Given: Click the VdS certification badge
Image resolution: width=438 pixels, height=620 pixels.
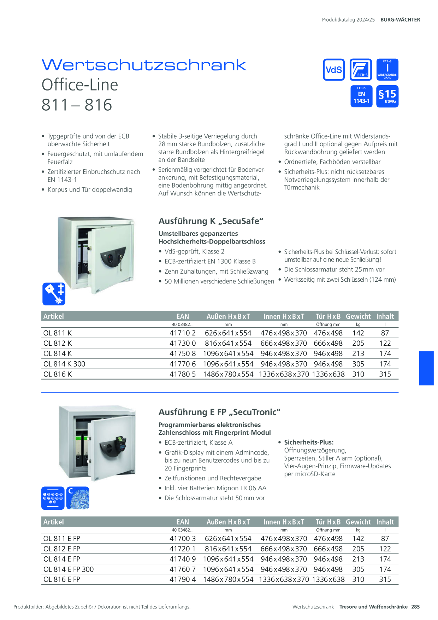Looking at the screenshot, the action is point(334,70).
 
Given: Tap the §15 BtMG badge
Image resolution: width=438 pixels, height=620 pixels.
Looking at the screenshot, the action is point(387,96).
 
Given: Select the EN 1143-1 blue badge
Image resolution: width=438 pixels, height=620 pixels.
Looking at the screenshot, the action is point(361,96).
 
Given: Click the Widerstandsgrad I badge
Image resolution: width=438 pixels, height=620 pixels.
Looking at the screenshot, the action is point(387,70).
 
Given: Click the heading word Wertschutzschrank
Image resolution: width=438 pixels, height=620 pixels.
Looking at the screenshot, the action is point(144,65).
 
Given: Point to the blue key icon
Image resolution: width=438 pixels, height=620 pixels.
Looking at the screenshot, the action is point(54,294).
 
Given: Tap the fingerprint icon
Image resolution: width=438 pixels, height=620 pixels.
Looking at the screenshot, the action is point(78,498).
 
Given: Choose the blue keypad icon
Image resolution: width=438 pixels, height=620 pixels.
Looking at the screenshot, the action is point(53,498).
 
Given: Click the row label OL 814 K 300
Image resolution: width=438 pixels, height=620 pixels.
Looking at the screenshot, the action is point(64,364).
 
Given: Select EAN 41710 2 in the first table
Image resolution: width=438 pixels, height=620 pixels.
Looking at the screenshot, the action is point(183,333).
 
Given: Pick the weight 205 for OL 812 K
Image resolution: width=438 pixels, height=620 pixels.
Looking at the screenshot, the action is point(358,343).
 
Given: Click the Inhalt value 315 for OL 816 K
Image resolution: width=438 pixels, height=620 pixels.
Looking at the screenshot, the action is point(385,374).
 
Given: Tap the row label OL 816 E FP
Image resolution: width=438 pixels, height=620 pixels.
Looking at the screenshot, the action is point(62,579).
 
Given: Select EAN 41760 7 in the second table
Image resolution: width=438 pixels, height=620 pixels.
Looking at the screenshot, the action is point(183,569).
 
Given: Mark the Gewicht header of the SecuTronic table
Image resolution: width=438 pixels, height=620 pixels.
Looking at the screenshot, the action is point(358,522).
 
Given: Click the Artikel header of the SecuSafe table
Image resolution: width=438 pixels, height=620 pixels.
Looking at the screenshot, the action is point(54,316).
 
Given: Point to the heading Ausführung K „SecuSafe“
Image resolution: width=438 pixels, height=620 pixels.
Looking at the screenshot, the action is point(211,221).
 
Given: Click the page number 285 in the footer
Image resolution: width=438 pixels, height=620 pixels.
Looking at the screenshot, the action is point(415,607).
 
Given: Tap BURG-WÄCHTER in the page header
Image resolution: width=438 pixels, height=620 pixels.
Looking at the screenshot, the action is point(400,20).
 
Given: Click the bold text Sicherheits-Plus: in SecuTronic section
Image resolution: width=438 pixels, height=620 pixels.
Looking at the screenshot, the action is point(309,442).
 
